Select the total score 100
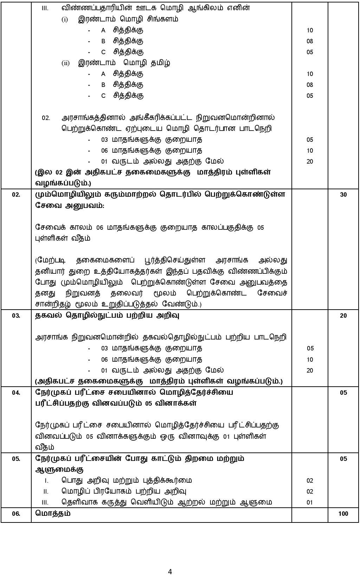tap(343, 514)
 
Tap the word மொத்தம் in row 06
tap(53, 513)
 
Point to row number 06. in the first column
tap(16, 514)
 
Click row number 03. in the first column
tap(16, 316)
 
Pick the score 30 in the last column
tap(343, 195)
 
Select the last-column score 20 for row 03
tap(343, 316)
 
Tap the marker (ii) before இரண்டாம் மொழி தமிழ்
tap(66, 63)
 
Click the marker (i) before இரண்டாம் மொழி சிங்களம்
tap(65, 20)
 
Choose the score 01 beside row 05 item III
tap(310, 502)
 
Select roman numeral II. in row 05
tap(46, 492)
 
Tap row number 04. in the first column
tap(16, 393)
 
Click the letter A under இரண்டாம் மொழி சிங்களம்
tap(103, 31)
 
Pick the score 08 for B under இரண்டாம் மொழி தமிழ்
tap(310, 85)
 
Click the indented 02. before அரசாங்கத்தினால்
tap(46, 118)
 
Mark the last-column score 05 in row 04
tap(343, 393)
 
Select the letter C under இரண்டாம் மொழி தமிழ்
tap(103, 96)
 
